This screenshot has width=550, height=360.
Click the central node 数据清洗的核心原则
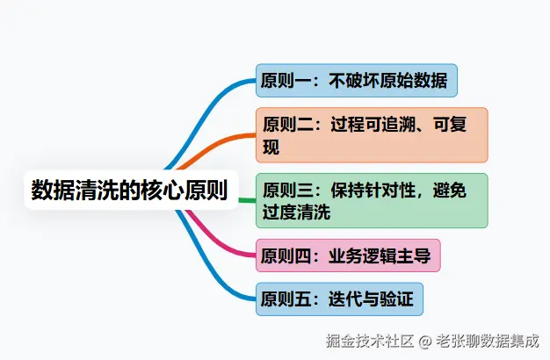(130, 190)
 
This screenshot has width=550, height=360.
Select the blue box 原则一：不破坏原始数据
(357, 81)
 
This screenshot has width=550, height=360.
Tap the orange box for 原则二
(372, 135)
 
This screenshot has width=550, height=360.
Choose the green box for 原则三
(372, 200)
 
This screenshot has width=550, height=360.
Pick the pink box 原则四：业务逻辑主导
(348, 256)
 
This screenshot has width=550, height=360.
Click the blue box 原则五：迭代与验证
(340, 299)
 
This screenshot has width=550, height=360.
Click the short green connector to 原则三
(247, 200)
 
